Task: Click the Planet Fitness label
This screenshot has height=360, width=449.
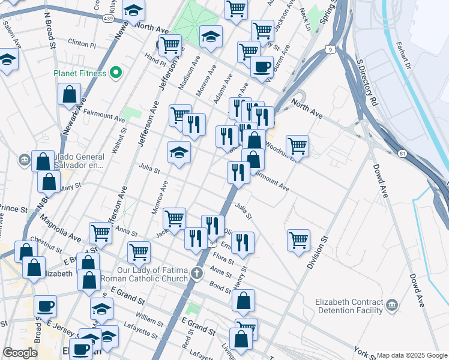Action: pyautogui.click(x=80, y=74)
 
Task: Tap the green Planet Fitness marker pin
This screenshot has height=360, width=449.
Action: pyautogui.click(x=116, y=74)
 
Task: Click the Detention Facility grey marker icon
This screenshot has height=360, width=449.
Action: pyautogui.click(x=392, y=306)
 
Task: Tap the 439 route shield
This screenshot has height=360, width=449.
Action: pyautogui.click(x=108, y=19)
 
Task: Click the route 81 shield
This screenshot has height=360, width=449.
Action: pyautogui.click(x=402, y=154)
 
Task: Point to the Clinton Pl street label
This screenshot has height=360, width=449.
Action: pyautogui.click(x=82, y=44)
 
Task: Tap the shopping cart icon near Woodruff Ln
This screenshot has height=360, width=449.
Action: pyautogui.click(x=297, y=145)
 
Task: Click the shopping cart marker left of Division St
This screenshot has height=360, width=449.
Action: pyautogui.click(x=298, y=239)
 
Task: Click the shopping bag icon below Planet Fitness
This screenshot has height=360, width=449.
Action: pyautogui.click(x=70, y=94)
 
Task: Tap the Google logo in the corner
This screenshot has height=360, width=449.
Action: pyautogui.click(x=20, y=353)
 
